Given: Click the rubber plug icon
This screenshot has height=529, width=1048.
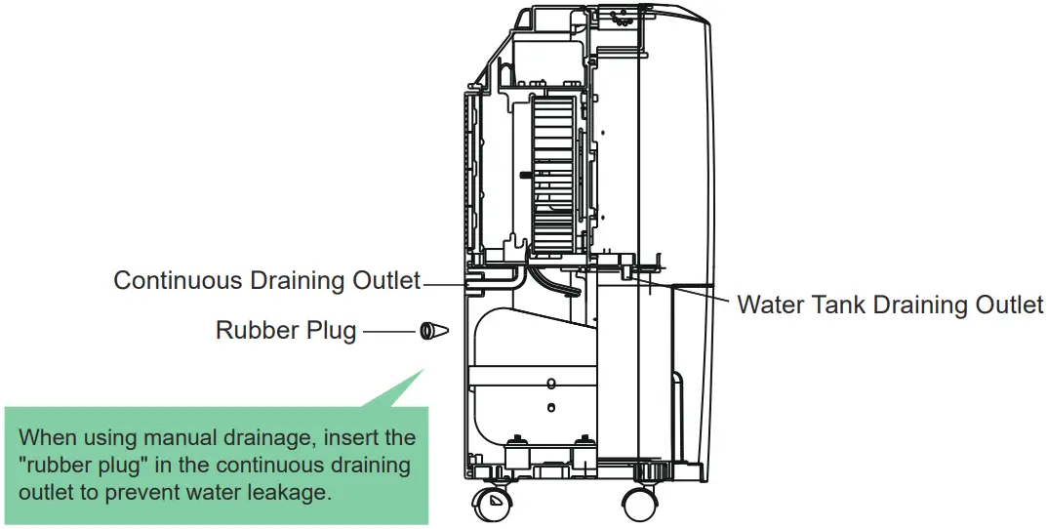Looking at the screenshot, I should coord(432,332).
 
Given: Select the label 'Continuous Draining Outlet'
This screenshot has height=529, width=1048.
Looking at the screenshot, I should coord(266,280).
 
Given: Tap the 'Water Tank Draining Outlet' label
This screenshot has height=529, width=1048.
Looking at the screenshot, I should coord(889,305).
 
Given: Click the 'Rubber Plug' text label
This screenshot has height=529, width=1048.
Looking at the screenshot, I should coord(285,332).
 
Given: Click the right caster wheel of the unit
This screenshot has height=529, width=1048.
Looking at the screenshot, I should coord(641,505).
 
